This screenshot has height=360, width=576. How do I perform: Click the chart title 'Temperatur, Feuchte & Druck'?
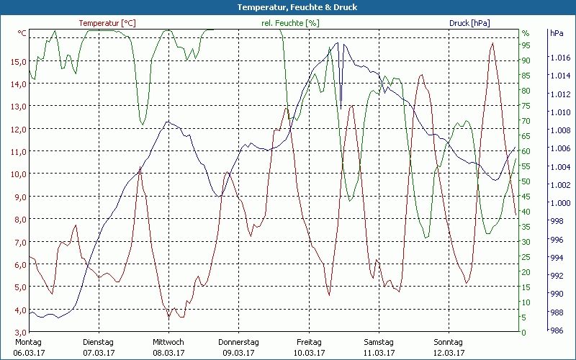(287, 7)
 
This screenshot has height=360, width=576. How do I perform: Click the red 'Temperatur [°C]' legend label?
(107, 23)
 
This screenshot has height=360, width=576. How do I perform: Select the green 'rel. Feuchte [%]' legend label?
(290, 23)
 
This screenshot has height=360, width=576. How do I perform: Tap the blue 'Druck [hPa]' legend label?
(469, 23)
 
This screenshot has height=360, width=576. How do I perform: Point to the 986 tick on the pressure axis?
(557, 330)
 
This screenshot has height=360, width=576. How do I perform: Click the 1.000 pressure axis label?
(559, 202)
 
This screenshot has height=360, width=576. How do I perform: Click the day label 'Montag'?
(27, 342)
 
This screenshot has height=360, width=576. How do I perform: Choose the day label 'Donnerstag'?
(238, 342)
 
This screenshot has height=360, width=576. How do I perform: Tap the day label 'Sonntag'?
(448, 342)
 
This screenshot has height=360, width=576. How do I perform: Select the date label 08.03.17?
(168, 353)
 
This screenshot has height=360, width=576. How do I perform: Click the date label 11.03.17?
(379, 353)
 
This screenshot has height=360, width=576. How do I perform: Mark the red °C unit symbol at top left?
(22, 33)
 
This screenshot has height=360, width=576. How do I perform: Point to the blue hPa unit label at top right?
(557, 33)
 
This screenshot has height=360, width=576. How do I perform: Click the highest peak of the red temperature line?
(492, 43)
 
